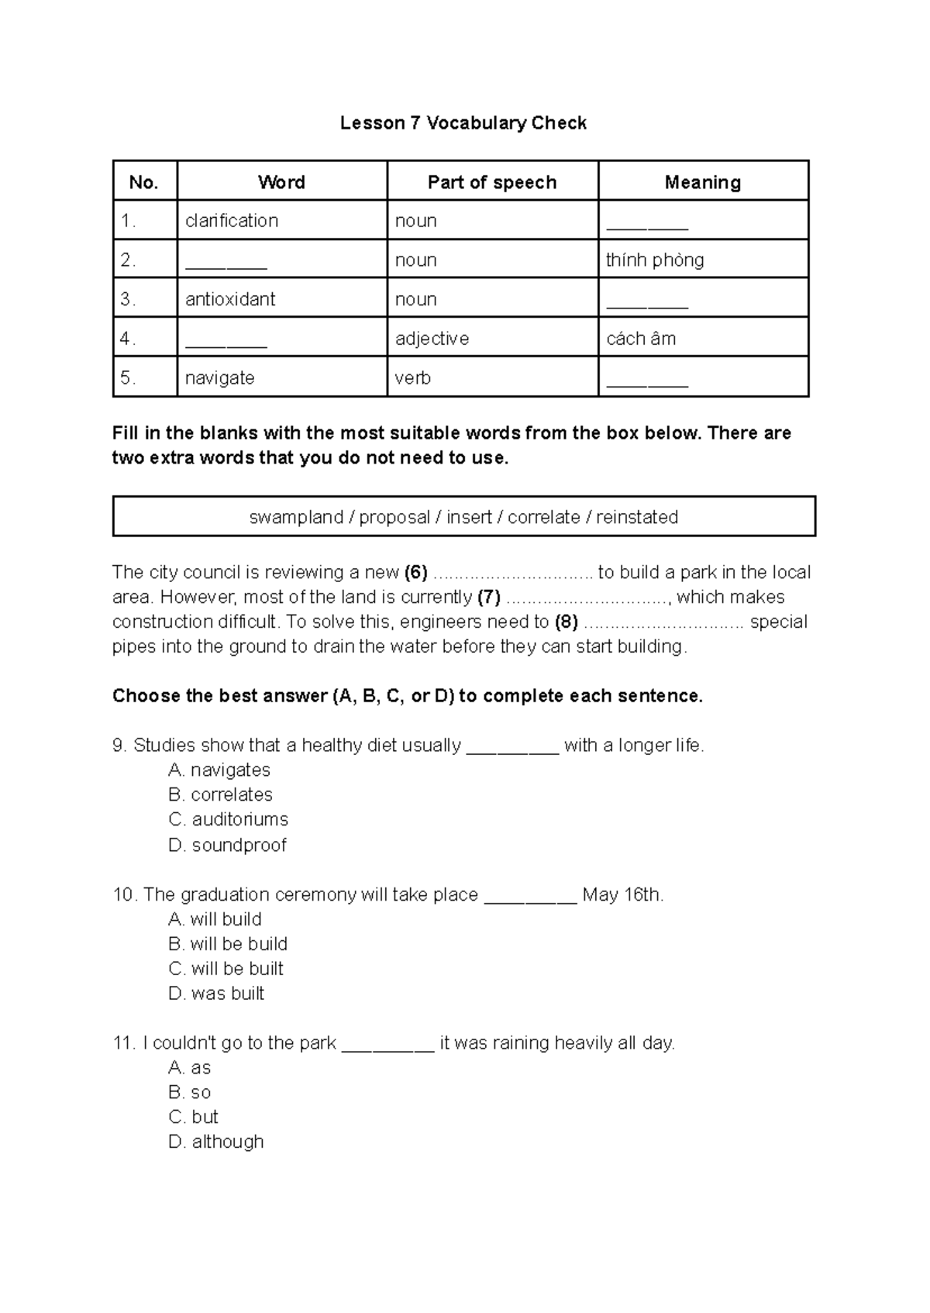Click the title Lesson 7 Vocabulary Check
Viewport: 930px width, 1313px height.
463,123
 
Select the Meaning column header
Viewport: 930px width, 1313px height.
702,182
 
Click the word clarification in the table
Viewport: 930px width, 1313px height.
231,221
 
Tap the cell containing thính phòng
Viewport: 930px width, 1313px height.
655,260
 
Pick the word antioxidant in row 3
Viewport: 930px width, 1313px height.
230,299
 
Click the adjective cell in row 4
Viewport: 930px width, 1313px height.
432,339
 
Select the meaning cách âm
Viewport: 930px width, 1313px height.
641,339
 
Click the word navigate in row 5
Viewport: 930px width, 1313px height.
219,378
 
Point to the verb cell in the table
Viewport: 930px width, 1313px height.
413,378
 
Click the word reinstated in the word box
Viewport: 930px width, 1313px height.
637,517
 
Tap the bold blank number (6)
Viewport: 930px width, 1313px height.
415,573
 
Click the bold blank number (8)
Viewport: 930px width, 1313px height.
567,622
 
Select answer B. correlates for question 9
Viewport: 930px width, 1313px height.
220,794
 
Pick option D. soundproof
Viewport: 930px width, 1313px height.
227,845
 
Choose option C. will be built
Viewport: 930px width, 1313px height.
226,969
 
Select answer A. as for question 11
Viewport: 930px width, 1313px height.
189,1068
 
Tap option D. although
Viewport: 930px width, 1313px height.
215,1142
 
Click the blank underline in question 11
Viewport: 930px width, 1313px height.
387,1048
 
